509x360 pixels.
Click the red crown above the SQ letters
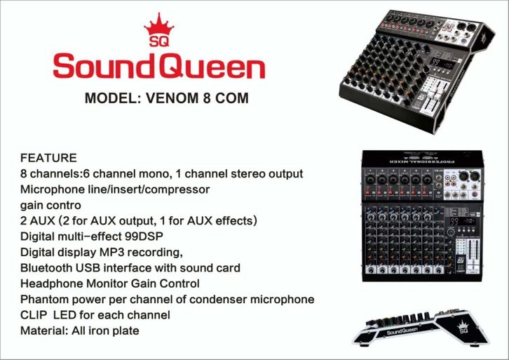[x=159, y=25]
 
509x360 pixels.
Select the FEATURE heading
[x=48, y=158]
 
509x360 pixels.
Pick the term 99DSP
[x=144, y=236]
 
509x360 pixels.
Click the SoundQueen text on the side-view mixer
[x=402, y=331]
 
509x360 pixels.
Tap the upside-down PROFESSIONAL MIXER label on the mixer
[x=421, y=161]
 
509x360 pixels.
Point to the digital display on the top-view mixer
[x=462, y=222]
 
